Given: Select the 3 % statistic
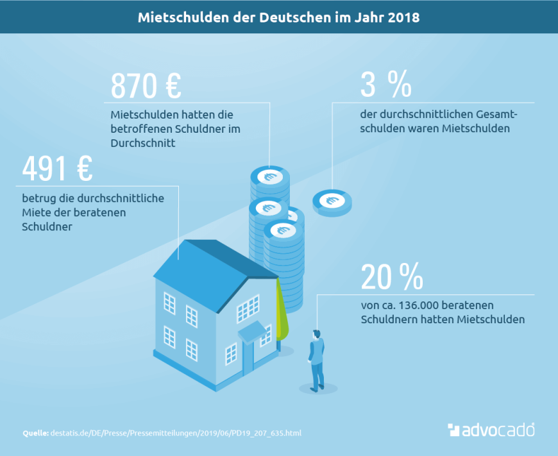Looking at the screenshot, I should click(385, 85).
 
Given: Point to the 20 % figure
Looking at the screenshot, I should click(391, 277).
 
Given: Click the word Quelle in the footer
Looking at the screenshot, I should click(35, 433).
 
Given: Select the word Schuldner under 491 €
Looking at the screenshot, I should click(47, 226).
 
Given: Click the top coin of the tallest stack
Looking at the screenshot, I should click(269, 175).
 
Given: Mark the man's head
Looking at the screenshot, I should click(316, 334).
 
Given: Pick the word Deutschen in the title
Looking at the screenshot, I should click(289, 17).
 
